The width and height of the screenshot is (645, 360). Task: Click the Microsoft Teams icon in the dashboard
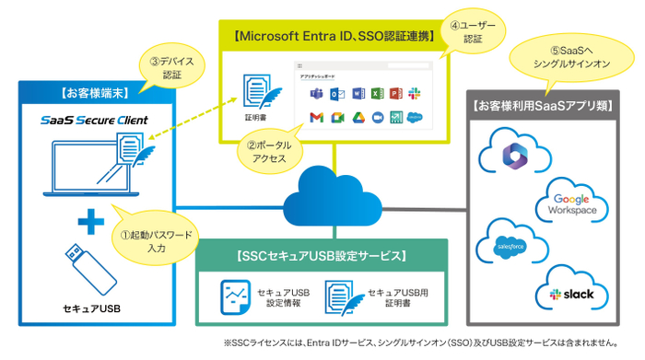pos(316,94)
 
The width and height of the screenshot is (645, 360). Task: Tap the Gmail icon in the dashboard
pos(316,117)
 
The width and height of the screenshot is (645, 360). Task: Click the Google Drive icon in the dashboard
pos(356,117)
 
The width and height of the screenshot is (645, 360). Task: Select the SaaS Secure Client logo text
pos(96,121)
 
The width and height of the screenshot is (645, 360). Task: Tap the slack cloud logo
pos(563,291)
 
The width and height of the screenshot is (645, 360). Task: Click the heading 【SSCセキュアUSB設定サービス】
pos(322,255)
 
